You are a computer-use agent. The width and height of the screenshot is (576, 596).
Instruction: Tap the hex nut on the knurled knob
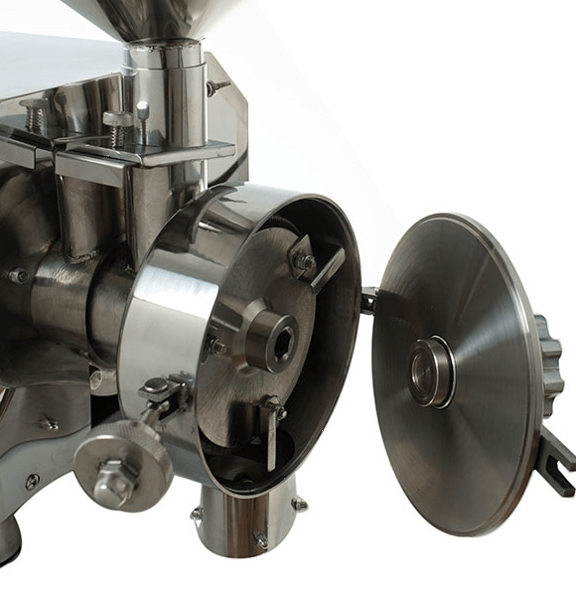tap(114, 481)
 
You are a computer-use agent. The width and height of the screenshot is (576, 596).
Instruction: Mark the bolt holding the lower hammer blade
tap(271, 407)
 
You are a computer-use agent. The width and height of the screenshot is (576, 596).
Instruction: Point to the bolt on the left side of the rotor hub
tap(214, 348)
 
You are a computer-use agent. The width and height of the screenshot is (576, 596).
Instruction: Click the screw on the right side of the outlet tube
tap(298, 505)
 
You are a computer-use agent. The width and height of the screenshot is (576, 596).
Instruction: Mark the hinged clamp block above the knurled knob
tap(162, 392)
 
